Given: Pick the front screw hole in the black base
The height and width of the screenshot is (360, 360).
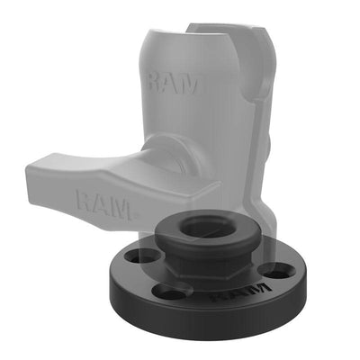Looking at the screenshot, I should click(x=173, y=290).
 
